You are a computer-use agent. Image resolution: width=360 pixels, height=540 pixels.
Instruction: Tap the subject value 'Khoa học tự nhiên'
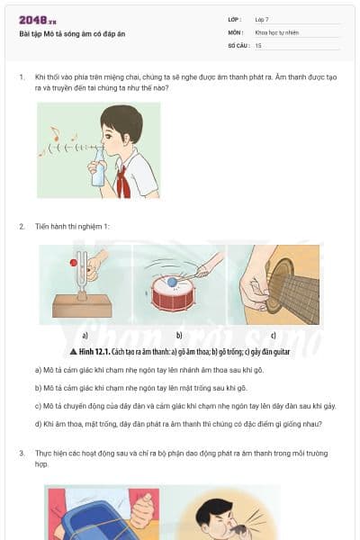(276, 32)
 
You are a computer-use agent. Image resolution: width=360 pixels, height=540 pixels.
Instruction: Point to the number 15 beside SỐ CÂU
(258, 45)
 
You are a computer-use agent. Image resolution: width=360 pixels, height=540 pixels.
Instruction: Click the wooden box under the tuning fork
(82, 305)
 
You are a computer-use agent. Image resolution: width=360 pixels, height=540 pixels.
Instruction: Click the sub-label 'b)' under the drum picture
(179, 335)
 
